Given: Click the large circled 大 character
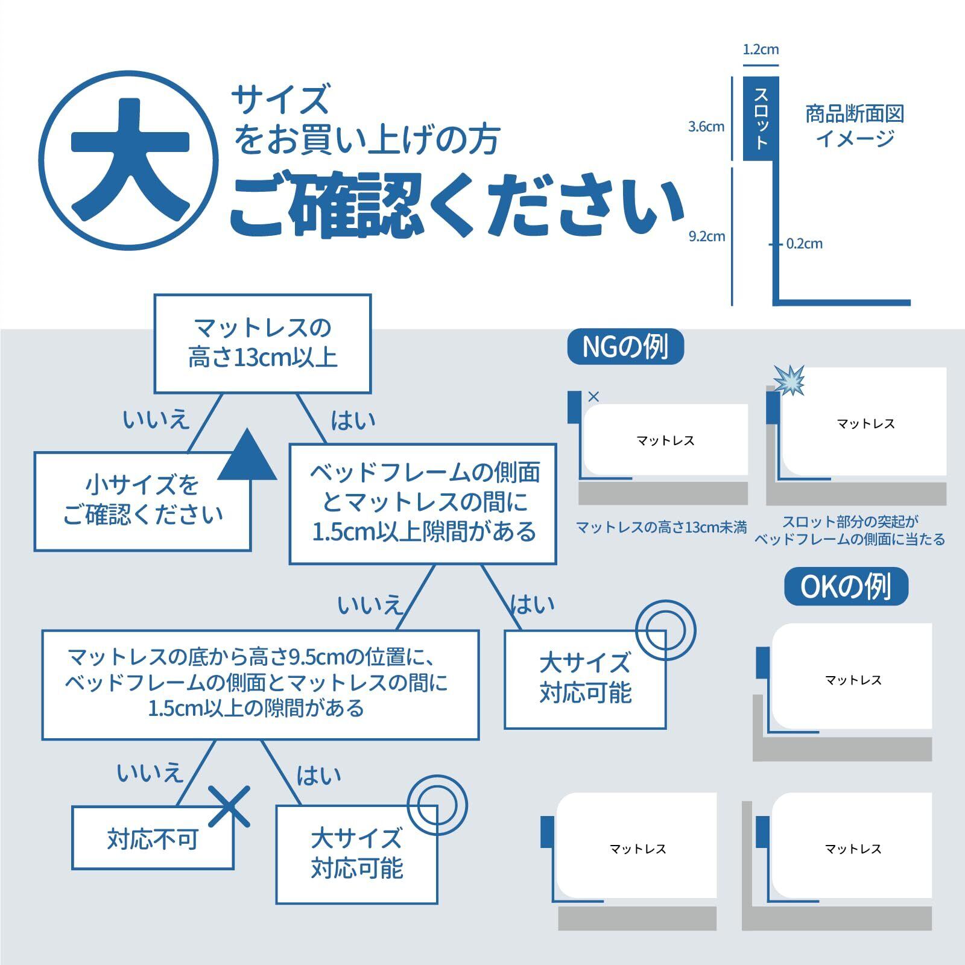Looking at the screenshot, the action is (129, 160).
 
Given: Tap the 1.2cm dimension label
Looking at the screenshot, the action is (760, 49).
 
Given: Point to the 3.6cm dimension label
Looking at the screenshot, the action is (706, 127).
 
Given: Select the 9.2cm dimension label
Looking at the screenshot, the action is (706, 236).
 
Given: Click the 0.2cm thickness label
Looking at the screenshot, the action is (804, 244).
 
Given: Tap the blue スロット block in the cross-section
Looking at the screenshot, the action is (761, 119).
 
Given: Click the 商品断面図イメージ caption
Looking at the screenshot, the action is (855, 126).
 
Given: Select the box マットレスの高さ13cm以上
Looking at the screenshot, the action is (262, 344).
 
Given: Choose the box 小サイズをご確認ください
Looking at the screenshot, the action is (142, 501).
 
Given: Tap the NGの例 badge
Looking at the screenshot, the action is (625, 347).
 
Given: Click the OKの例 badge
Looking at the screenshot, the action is (846, 586).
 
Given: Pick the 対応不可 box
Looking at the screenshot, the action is (153, 838).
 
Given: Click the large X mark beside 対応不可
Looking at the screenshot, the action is (229, 806).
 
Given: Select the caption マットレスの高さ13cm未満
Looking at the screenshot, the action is (662, 528).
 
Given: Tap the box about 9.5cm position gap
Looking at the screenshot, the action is (261, 685).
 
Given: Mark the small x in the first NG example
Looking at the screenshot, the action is (593, 396).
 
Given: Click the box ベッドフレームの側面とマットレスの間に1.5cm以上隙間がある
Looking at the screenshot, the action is (423, 504).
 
